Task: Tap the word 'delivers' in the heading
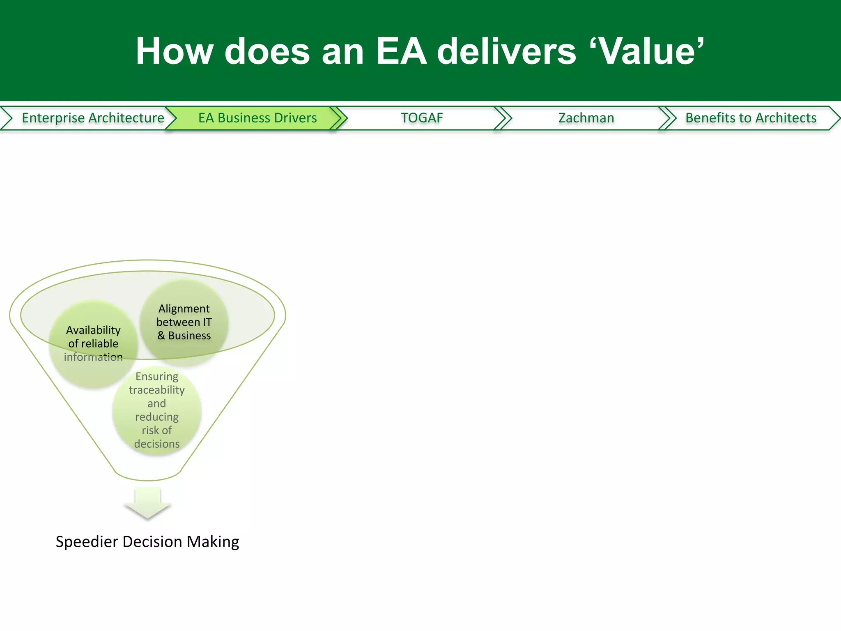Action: click(507, 51)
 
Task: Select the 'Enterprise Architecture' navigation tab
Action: click(93, 118)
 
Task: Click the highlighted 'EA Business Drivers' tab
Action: click(257, 118)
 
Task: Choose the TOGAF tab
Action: click(422, 118)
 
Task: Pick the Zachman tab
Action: click(586, 118)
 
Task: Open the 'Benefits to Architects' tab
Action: click(751, 118)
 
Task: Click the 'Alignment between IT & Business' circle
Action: click(184, 322)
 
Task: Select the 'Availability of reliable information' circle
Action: click(93, 343)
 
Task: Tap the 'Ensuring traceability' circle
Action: click(157, 410)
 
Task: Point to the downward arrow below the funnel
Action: click(147, 503)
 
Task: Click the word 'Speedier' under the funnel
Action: click(87, 542)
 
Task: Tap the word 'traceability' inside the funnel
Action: click(157, 390)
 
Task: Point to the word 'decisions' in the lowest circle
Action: click(157, 444)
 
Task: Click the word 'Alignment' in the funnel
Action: click(184, 309)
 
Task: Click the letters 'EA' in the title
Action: click(401, 51)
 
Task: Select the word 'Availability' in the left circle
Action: click(93, 330)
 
